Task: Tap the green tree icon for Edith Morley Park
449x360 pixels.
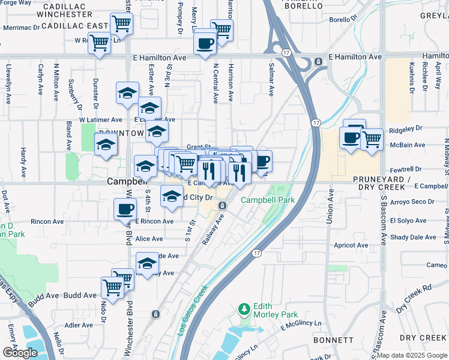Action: pos(244,309)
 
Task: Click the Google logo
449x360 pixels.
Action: pos(19,353)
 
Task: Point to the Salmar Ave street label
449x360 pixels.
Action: pos(271,79)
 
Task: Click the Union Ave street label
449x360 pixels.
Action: pos(330,207)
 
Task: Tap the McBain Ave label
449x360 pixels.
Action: pos(408,145)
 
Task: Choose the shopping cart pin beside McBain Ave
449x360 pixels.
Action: pos(372,139)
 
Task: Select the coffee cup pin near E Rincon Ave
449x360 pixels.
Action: pos(125,209)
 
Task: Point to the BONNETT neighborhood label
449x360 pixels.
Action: pos(333,340)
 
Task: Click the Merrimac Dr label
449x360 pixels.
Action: pos(22,28)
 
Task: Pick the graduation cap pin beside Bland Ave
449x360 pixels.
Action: pos(106,145)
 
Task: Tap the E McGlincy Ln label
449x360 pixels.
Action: pos(301,327)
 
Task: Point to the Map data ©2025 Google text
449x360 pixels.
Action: pos(411,355)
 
